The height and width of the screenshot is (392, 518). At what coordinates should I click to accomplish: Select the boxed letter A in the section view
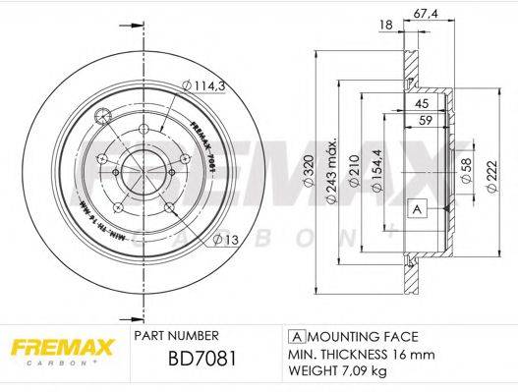[x=416, y=210]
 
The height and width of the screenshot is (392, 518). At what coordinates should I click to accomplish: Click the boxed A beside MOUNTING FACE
[x=294, y=334]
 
